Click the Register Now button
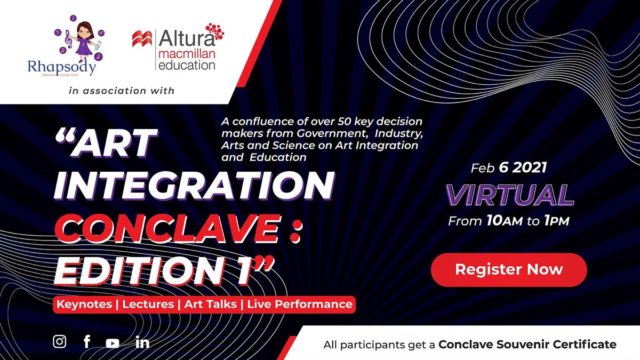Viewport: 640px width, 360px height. pyautogui.click(x=509, y=269)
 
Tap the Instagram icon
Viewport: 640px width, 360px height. pyautogui.click(x=60, y=342)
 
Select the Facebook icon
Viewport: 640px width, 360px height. pyautogui.click(x=87, y=342)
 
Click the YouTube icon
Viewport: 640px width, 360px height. pyautogui.click(x=113, y=343)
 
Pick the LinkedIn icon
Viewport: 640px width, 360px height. pyautogui.click(x=142, y=342)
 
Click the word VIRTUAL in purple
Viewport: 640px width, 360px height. pyautogui.click(x=509, y=195)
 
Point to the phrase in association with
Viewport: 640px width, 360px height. pyautogui.click(x=122, y=91)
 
